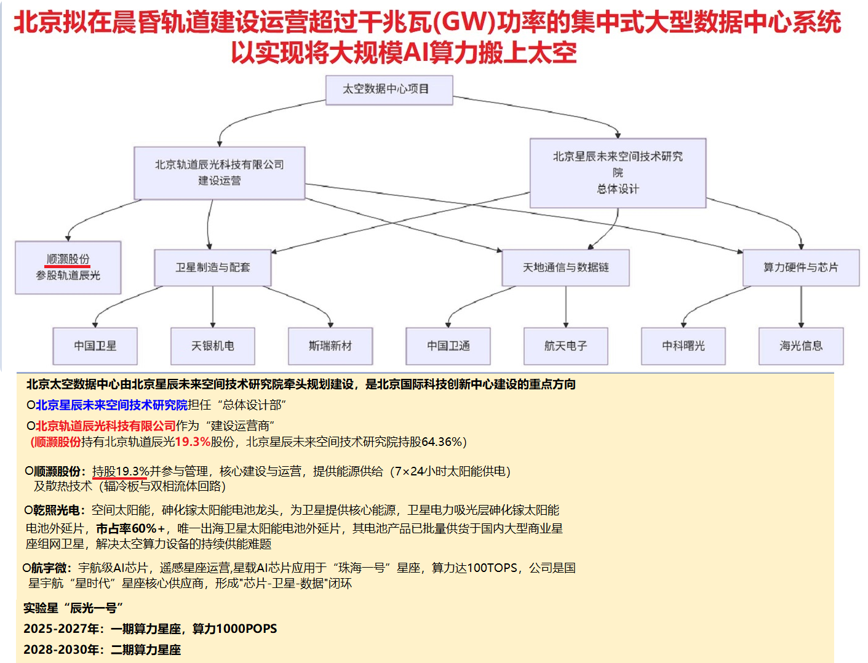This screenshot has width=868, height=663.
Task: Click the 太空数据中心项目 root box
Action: pos(389,90)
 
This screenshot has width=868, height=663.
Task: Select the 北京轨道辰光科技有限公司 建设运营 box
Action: pos(220,173)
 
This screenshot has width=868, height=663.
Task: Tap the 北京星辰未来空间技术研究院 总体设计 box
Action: pos(618,173)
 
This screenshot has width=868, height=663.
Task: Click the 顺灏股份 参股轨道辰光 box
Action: pos(68,268)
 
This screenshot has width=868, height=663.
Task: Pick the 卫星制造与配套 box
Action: pos(212,268)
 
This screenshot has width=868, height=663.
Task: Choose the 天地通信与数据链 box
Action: pos(565,268)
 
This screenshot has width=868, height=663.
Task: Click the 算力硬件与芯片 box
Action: pos(800,268)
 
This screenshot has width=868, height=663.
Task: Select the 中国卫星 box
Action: pos(95,346)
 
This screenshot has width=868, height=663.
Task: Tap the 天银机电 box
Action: pos(212,346)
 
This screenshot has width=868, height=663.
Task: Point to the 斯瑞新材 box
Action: pos(330,346)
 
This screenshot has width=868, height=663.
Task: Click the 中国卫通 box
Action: pos(448,346)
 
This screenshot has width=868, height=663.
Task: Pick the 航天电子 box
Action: pos(565,346)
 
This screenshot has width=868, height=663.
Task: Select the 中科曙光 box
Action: pos(683,346)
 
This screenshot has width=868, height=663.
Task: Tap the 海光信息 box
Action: pos(800,346)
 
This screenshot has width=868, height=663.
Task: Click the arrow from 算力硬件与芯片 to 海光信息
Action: pos(801,306)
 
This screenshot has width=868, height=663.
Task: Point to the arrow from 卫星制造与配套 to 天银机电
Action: pos(213,306)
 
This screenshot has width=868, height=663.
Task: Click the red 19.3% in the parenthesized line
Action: pos(193,442)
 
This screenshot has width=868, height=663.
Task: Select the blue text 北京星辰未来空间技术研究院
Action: pos(111,405)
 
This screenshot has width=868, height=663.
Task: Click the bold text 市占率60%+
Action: pos(130,529)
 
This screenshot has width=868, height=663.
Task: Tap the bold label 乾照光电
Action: pos(57,510)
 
